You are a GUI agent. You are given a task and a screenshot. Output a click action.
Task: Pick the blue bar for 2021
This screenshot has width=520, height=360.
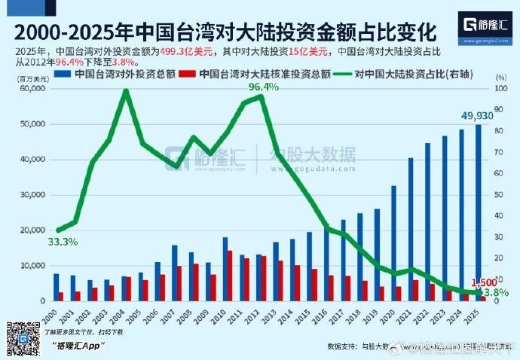411,230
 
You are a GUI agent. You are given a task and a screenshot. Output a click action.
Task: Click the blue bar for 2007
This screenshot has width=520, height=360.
175,273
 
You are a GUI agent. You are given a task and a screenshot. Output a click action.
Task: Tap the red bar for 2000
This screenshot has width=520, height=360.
60,297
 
